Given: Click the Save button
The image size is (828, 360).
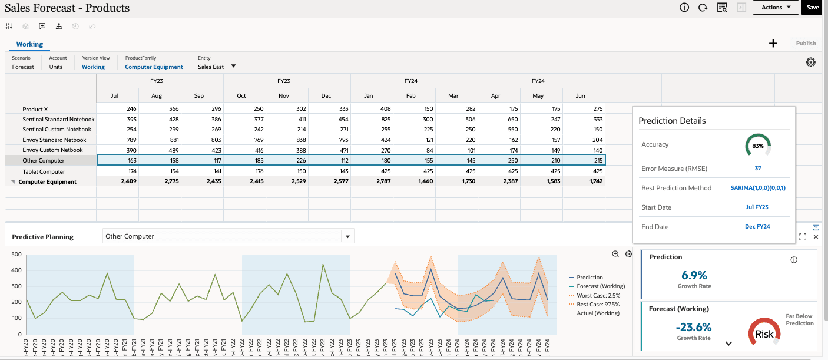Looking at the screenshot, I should [x=813, y=8].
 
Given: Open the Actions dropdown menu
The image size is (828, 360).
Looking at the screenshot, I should [x=776, y=8].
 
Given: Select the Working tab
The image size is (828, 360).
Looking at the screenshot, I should [x=29, y=44].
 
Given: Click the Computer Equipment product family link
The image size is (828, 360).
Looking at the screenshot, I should [x=154, y=67].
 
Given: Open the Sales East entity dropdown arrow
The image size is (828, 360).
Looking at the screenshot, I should [x=233, y=66].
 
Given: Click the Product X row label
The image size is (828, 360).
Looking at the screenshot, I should [x=35, y=110].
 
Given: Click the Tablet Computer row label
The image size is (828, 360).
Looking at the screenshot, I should [x=43, y=172].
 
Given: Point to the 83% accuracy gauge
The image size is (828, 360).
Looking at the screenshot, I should [x=758, y=145].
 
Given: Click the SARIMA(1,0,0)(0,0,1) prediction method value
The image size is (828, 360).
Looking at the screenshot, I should [x=758, y=188].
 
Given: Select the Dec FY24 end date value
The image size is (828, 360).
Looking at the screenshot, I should [x=757, y=227].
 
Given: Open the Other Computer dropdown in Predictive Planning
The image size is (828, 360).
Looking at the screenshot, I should [x=347, y=237].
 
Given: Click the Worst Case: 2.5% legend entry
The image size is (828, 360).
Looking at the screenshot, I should [x=598, y=296].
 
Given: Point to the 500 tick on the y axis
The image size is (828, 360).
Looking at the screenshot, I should [x=16, y=255].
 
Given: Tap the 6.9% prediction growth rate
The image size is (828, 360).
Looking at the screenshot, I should [x=694, y=275].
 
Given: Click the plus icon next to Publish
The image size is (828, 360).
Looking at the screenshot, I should [x=773, y=44].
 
